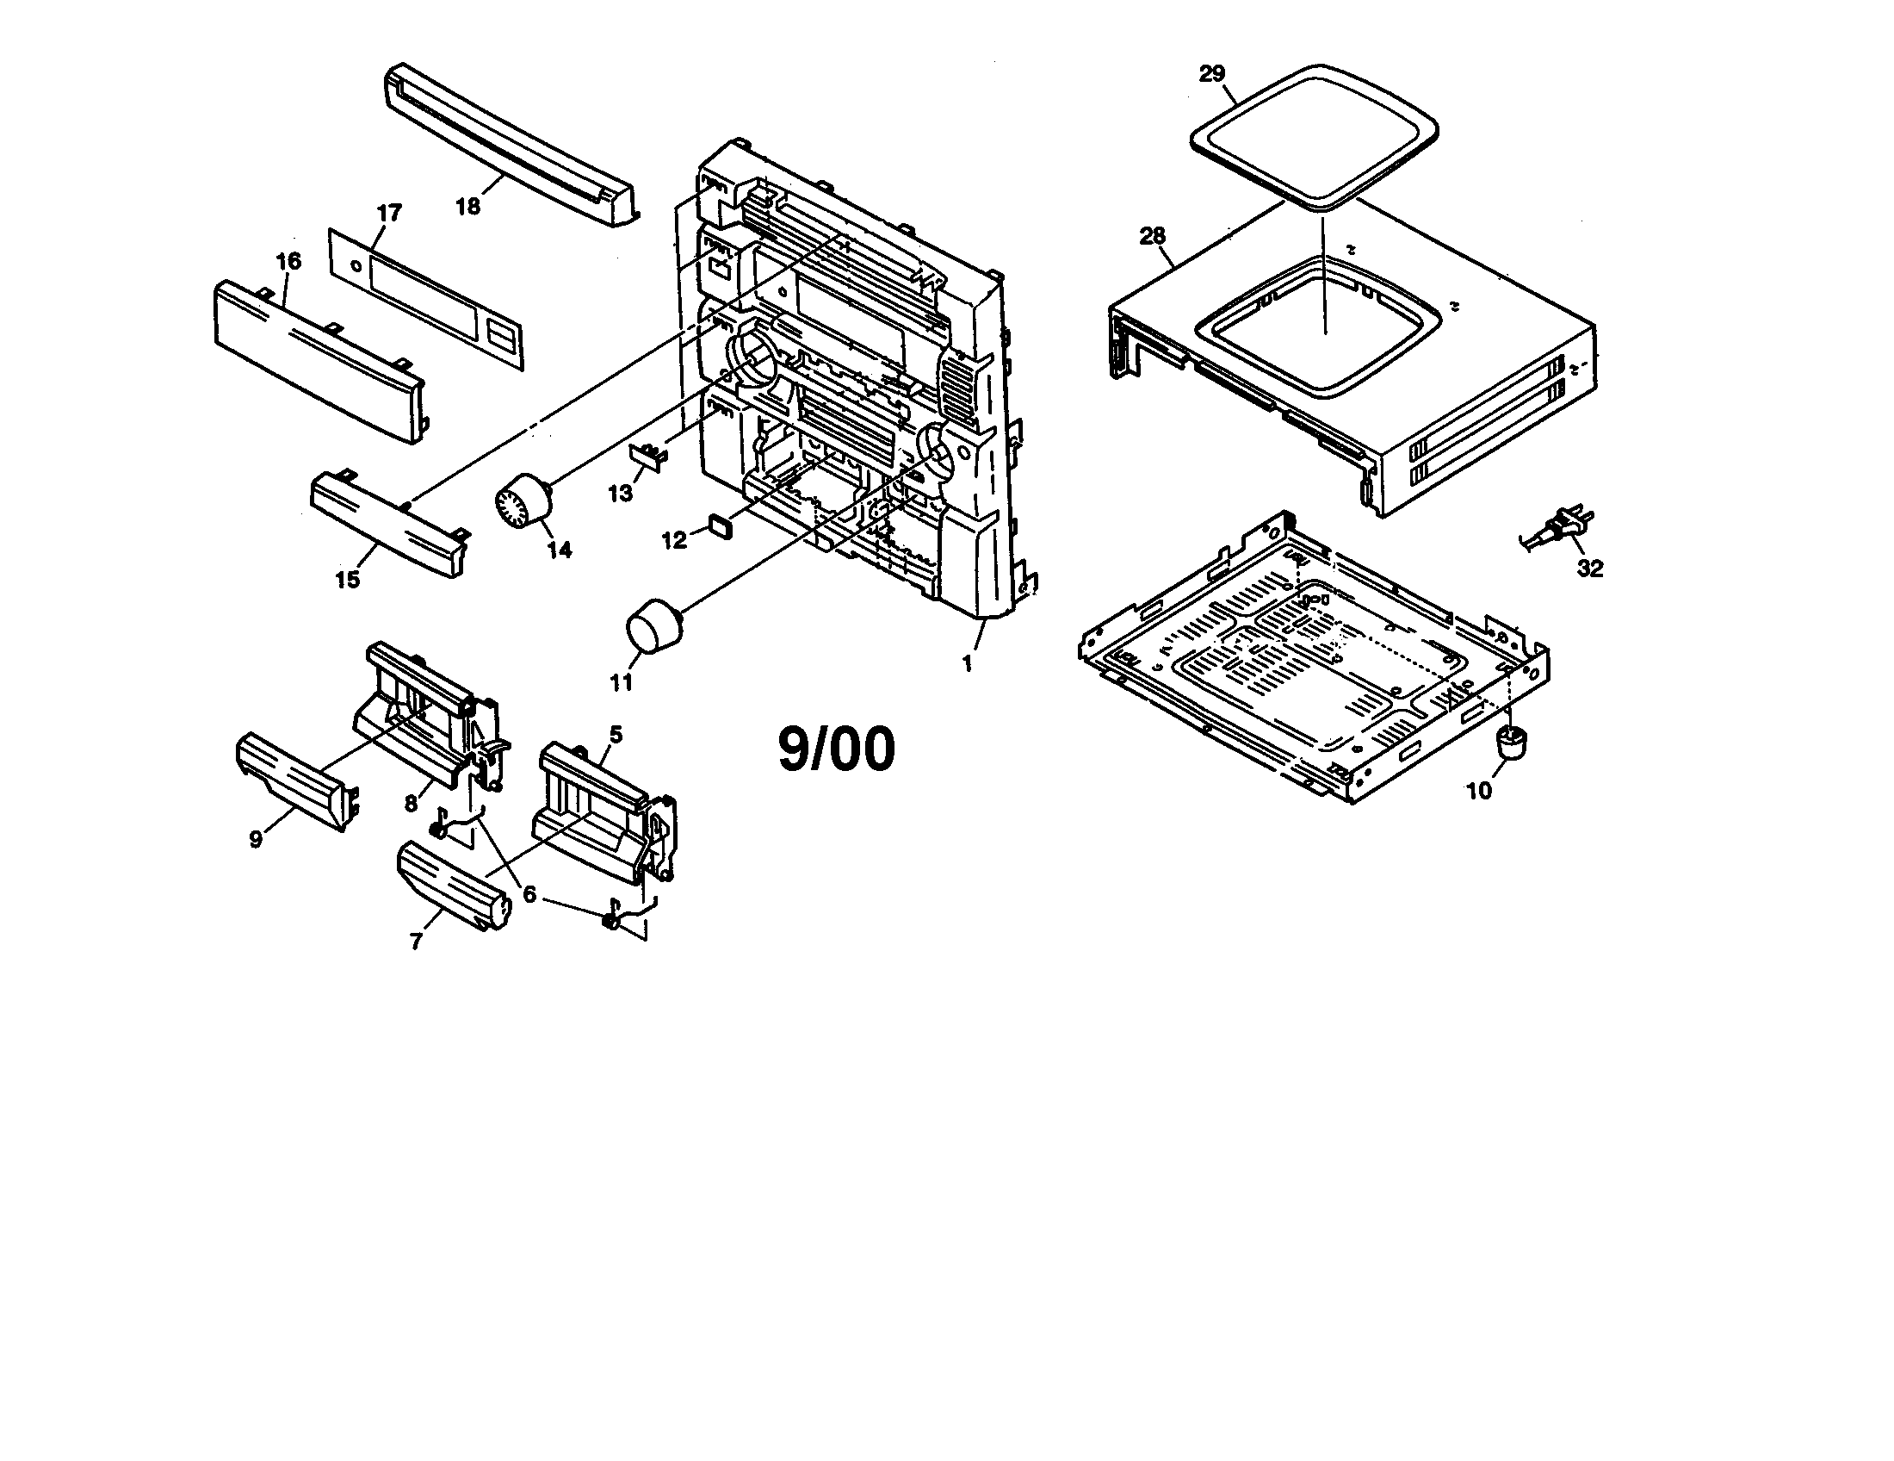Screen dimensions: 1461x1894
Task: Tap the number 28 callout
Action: (1153, 236)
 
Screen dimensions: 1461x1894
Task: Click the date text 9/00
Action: (836, 749)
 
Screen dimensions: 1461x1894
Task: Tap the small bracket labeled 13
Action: (648, 454)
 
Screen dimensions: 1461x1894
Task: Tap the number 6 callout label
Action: (528, 893)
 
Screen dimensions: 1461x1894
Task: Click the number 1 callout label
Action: (967, 663)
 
